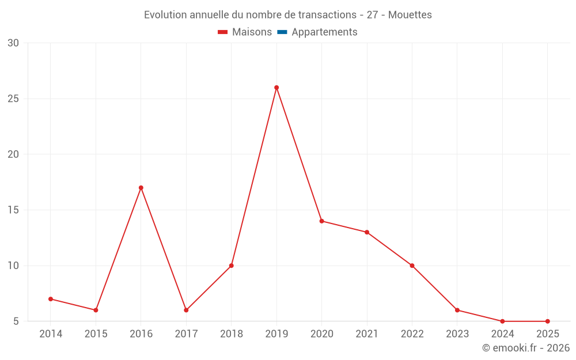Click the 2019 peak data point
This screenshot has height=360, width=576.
click(x=276, y=88)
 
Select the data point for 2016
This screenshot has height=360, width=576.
click(x=141, y=188)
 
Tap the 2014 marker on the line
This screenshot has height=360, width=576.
click(x=51, y=299)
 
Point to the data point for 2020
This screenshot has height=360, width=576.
click(x=321, y=221)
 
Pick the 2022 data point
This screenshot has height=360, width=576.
click(x=412, y=266)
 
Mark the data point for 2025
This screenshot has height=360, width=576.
click(x=547, y=321)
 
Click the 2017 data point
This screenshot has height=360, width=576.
click(x=186, y=310)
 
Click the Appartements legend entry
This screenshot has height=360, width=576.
click(x=324, y=32)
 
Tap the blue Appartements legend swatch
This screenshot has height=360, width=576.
click(x=282, y=32)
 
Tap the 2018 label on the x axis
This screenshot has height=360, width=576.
click(x=232, y=334)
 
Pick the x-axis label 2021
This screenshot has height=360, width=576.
click(x=367, y=334)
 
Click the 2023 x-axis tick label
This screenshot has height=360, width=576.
click(x=457, y=334)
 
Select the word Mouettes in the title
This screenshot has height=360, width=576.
click(x=410, y=15)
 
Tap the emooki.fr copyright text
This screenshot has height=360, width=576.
click(x=526, y=348)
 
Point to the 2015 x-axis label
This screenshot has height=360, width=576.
click(x=96, y=334)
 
